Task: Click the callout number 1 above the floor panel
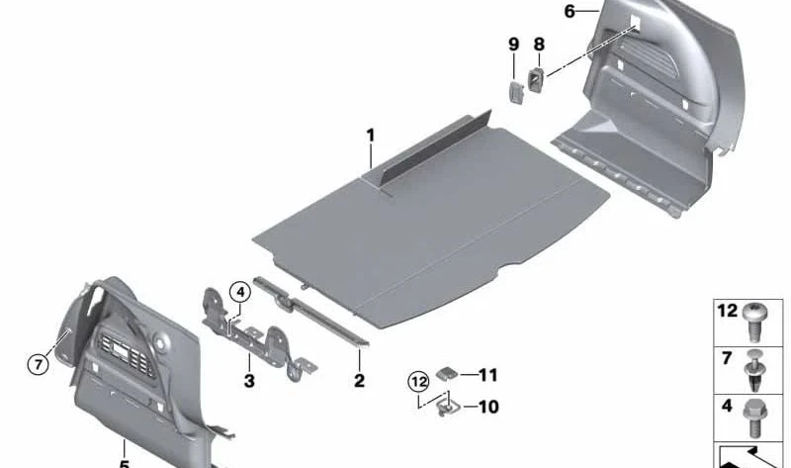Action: pos(371,135)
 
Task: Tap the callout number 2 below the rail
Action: pos(359,381)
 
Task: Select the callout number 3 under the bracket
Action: pos(249,381)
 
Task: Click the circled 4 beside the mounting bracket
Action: pos(237,292)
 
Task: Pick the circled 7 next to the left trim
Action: pos(37,364)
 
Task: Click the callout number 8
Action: pos(539,45)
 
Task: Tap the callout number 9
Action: pos(513,45)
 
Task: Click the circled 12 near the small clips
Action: pos(418,380)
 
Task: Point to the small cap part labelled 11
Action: pos(447,373)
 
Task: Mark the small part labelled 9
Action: pos(515,91)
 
